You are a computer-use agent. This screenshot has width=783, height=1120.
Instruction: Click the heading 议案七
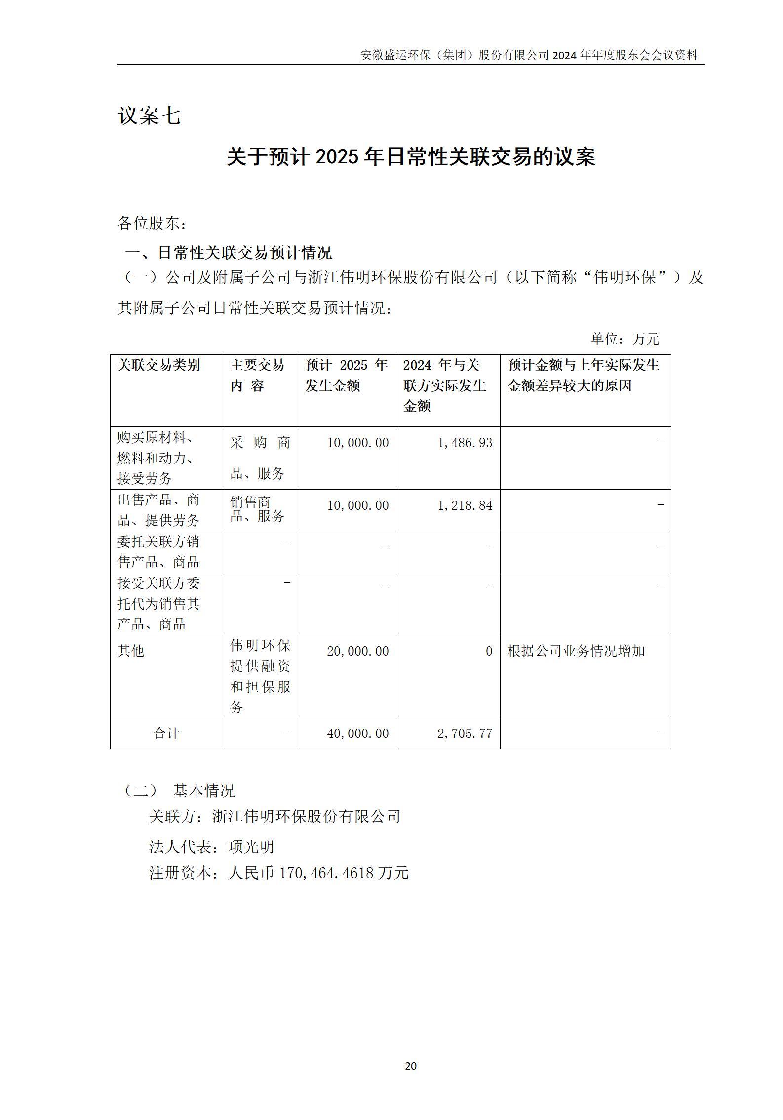[149, 116]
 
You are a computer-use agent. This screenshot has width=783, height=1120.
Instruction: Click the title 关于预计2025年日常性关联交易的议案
[411, 157]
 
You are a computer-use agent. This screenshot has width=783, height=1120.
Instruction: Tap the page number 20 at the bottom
[410, 1066]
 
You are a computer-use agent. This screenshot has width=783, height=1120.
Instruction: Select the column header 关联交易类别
[159, 365]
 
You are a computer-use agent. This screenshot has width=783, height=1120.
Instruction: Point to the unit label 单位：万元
[625, 339]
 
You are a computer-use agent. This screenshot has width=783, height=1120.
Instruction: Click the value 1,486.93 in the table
[465, 443]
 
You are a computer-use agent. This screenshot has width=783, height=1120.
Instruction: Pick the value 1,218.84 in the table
[465, 505]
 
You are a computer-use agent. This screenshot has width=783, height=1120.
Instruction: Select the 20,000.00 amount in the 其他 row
[357, 651]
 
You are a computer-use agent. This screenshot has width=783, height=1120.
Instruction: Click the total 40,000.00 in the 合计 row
[357, 734]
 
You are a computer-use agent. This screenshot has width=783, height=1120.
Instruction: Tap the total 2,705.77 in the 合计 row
[465, 734]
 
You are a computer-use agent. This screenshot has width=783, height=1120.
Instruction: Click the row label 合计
[166, 734]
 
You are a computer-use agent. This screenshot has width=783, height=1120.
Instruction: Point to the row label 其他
[131, 651]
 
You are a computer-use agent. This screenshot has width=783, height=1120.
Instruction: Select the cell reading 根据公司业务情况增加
[576, 651]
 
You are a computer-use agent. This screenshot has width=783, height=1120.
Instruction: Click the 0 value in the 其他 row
[489, 651]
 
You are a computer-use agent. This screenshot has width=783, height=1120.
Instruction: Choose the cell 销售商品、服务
[257, 509]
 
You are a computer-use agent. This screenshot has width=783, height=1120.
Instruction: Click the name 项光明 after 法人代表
[251, 847]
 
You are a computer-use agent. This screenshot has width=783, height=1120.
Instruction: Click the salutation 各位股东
[152, 223]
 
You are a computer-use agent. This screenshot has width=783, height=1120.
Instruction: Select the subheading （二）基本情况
[179, 791]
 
